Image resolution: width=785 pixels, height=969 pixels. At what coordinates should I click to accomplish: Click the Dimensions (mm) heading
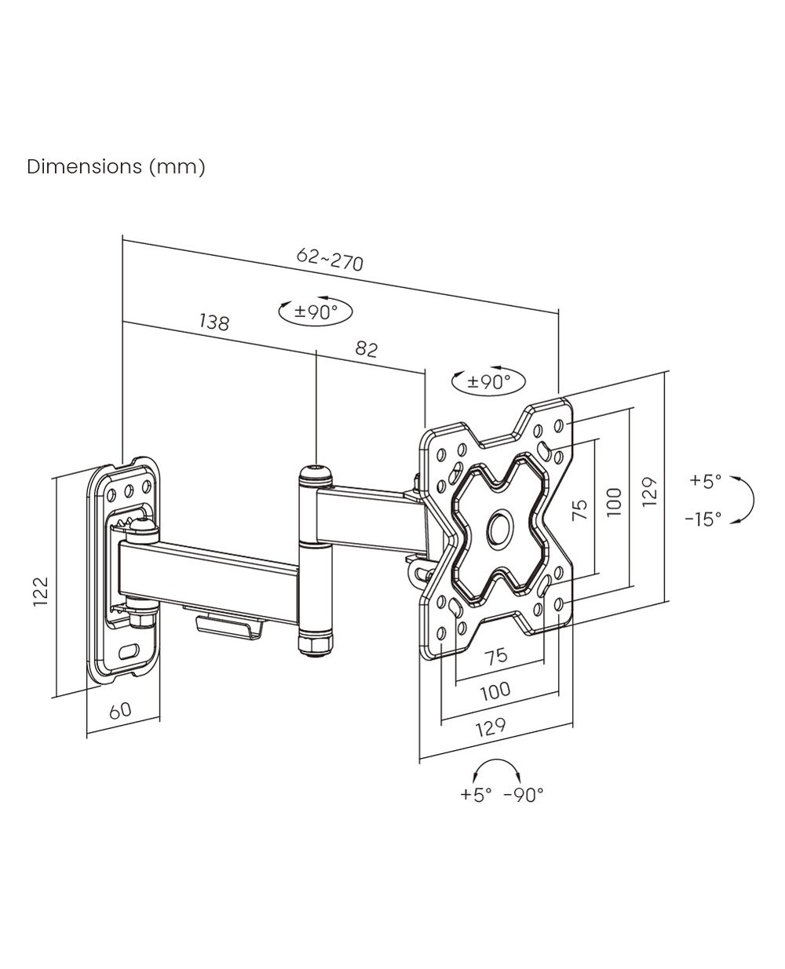tap(116, 167)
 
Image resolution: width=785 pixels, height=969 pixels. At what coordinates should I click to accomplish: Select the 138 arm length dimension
tap(214, 322)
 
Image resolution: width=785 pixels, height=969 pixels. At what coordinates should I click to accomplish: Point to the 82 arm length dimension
tap(367, 349)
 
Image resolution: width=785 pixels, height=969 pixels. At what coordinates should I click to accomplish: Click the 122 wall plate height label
tap(41, 591)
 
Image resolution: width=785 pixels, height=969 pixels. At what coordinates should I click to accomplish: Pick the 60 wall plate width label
tap(121, 710)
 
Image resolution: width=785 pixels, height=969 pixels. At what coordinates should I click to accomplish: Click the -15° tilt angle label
tap(703, 519)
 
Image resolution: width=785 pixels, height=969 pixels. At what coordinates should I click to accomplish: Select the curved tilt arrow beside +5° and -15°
tap(752, 500)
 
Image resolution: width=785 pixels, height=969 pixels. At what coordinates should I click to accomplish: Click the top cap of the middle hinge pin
tap(316, 474)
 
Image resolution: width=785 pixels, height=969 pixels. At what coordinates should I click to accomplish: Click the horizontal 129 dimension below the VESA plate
tap(491, 727)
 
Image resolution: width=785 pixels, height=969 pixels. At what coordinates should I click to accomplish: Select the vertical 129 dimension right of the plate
tap(650, 492)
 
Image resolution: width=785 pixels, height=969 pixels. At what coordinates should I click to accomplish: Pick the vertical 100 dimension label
tap(614, 502)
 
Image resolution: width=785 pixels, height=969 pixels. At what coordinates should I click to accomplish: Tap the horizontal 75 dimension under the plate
tap(496, 656)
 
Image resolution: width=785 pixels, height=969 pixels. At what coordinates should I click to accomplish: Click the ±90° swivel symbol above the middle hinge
tap(316, 311)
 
